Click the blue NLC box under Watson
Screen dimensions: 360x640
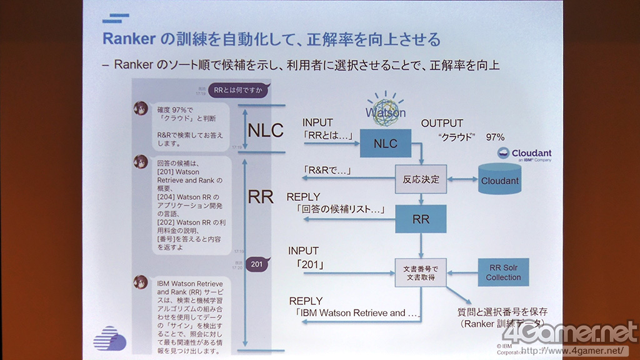pos(385,144)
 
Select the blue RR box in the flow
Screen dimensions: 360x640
pos(420,219)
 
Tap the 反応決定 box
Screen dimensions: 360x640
pos(421,179)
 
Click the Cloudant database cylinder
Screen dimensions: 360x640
pos(500,178)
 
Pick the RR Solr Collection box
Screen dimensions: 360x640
pos(503,272)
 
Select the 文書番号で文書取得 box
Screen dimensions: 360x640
pos(420,272)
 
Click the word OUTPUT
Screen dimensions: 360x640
pos(442,123)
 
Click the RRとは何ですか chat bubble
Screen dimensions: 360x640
pos(237,90)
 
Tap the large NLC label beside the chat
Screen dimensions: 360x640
pos(266,131)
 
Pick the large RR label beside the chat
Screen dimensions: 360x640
pos(261,196)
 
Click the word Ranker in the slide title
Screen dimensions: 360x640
pos(129,39)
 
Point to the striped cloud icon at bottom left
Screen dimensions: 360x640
pos(109,338)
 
